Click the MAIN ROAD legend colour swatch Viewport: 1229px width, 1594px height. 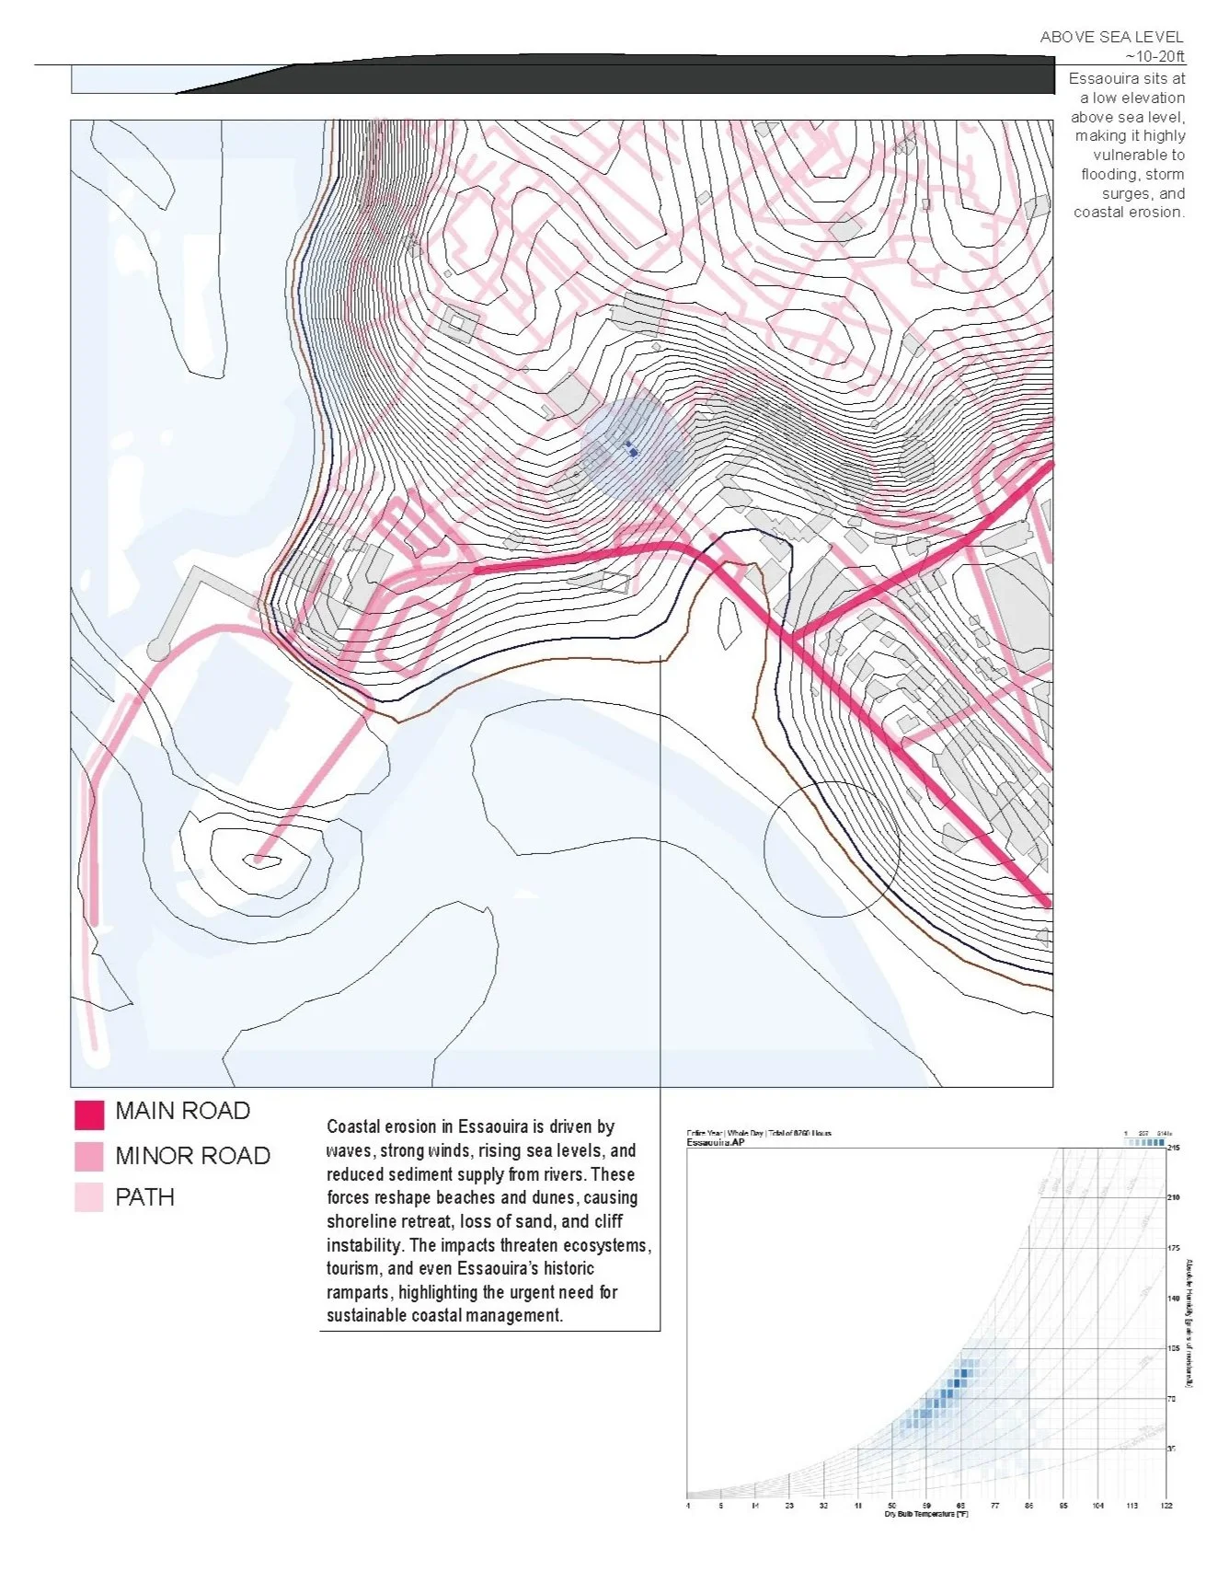tap(89, 1115)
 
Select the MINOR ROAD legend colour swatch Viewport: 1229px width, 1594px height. tap(89, 1157)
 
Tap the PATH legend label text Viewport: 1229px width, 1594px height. tap(144, 1197)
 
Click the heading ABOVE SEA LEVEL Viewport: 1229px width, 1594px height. tap(1111, 37)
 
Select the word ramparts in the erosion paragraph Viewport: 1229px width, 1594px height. tap(359, 1292)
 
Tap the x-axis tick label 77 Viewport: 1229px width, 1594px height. tap(994, 1506)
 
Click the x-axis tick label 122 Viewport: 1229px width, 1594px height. tap(1166, 1506)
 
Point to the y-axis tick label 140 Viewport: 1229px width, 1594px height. tap(1173, 1299)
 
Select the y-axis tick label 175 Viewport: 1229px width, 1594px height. tap(1173, 1248)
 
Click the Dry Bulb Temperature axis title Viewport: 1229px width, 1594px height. tap(925, 1514)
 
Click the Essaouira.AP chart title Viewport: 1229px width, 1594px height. tap(715, 1142)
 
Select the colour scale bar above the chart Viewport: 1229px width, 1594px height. tap(1144, 1142)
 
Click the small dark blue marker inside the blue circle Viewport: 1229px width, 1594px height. tap(632, 450)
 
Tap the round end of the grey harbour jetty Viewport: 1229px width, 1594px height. tap(159, 651)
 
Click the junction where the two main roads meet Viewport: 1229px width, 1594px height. tap(791, 637)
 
